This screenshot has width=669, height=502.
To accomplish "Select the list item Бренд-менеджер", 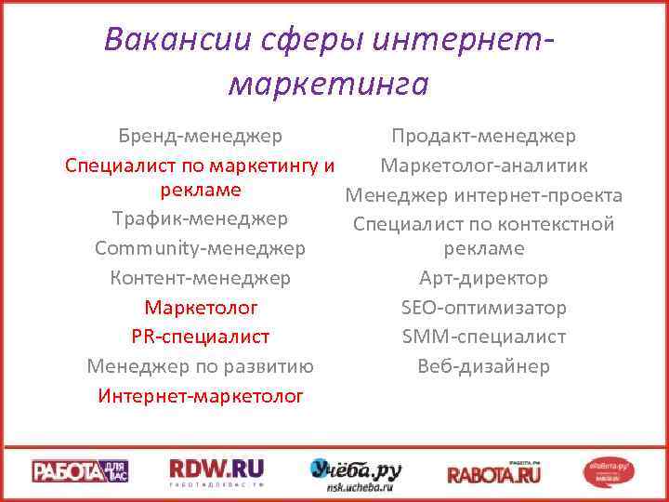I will point(200,137).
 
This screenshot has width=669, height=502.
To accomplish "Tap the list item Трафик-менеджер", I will point(200,219).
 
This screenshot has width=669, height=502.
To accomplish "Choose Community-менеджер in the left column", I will point(200,249).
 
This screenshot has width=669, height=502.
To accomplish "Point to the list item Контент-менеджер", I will point(200,278).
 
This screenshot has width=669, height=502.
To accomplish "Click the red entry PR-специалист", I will point(200,337).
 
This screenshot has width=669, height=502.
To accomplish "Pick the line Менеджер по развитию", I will point(200,366).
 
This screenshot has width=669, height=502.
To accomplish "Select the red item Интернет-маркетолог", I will point(200,396).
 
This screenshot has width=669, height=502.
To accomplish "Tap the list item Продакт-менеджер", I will point(483,137).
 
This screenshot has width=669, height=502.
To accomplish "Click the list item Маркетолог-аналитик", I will point(483,166).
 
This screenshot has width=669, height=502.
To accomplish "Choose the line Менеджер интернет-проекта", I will point(483,196).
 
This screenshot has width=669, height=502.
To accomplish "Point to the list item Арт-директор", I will point(483,278).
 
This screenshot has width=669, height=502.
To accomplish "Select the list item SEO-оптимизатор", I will point(483,308).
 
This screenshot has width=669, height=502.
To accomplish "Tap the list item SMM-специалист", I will point(483,337).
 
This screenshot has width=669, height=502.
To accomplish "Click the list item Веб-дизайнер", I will point(483,366).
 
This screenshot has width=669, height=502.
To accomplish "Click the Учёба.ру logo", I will point(355,472).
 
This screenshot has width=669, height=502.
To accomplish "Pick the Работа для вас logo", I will point(80,471).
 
